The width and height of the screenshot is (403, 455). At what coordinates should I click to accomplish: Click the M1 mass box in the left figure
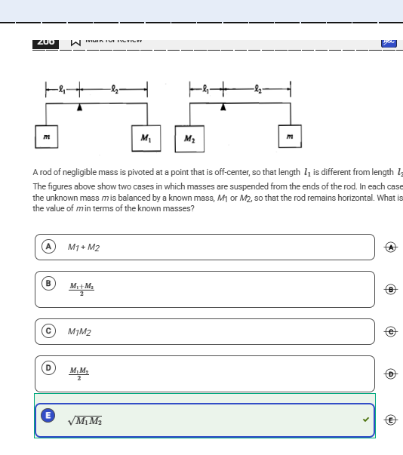145,137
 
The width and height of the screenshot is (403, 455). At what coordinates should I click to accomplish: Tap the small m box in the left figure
46,136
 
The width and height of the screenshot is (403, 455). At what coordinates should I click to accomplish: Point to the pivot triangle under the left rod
80,108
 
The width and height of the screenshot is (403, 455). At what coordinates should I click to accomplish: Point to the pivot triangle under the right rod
223,108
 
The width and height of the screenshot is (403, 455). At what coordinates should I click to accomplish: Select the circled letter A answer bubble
48,246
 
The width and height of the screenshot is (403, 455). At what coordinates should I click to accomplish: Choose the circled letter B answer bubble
48,283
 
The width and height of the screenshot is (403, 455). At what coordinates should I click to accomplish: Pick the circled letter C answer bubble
48,330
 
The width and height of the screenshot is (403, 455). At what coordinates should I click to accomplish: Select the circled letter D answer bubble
48,367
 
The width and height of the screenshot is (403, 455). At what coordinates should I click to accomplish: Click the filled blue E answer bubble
48,415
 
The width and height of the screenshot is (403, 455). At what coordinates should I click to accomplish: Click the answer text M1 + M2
84,247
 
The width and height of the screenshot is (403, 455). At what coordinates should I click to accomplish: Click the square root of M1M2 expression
87,420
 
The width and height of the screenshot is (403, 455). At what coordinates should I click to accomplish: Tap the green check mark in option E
366,420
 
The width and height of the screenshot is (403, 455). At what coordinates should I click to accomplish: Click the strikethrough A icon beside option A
389,247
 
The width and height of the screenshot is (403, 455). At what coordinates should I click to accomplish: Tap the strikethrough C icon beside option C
389,331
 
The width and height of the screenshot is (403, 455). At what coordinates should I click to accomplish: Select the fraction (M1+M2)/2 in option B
82,289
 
